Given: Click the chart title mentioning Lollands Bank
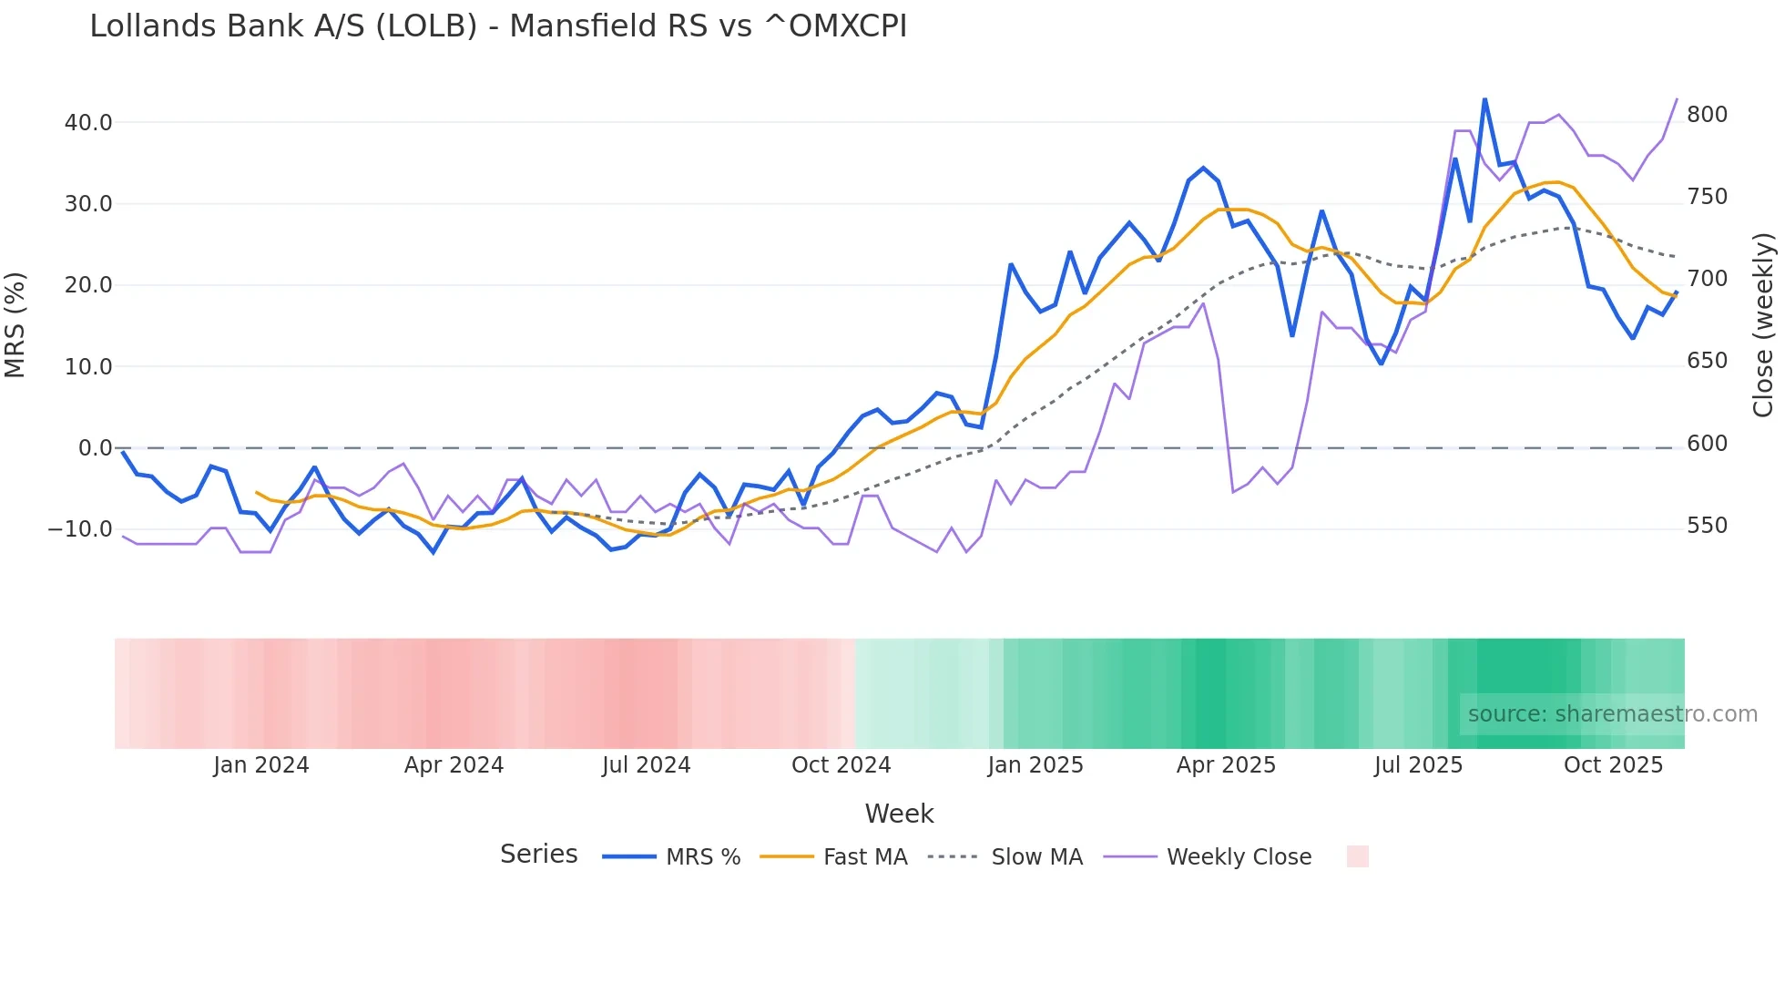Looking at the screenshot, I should [x=498, y=26].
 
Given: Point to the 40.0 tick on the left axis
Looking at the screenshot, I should [x=88, y=122].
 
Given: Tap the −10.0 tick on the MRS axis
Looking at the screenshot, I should [x=80, y=529].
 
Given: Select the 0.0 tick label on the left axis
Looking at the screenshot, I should [x=95, y=448].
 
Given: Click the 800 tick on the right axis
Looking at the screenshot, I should [x=1707, y=115].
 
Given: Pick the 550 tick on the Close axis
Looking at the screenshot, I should [x=1707, y=526].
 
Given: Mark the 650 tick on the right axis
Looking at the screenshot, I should [x=1707, y=361].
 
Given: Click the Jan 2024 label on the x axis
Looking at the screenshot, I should [x=261, y=765].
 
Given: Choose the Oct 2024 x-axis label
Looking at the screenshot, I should [x=841, y=765].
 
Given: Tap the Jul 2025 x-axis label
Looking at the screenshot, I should [x=1418, y=765].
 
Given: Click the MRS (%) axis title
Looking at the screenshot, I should [x=15, y=325].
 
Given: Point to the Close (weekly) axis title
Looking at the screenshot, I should [x=1763, y=325].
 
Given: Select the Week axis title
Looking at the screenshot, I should [x=899, y=814].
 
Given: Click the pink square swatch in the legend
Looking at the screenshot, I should [x=1357, y=856].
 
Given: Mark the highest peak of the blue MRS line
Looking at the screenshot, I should [x=1484, y=99].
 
